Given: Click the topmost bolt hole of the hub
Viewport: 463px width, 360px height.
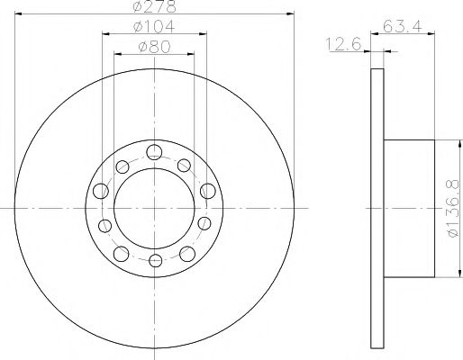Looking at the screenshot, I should coord(155,151).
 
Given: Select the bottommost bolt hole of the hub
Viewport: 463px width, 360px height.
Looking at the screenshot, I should coord(155,261).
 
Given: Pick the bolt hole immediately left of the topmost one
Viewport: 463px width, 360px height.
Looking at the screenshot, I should coord(123,165).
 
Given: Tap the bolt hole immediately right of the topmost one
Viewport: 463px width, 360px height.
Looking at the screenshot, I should coord(186,165).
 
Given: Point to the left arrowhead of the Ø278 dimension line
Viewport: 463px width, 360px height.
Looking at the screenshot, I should coord(19,13).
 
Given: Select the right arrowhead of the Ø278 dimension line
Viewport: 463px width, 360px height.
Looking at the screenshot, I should coord(290,13).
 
